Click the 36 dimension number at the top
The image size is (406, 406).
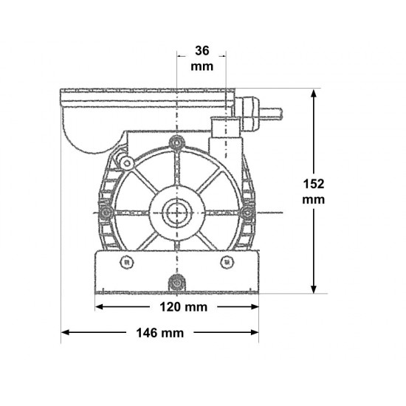[x=202, y=51]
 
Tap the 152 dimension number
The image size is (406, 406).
[x=314, y=184]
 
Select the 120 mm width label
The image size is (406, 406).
[x=184, y=307]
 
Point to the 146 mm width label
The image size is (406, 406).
[x=160, y=333]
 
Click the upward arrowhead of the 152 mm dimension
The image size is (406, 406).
[x=314, y=93]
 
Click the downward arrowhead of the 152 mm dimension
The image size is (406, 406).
[x=314, y=289]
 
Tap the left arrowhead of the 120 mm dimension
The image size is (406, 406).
[x=100, y=307]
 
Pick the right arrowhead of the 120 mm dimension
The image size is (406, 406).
[x=254, y=307]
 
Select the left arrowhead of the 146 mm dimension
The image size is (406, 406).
[x=65, y=332]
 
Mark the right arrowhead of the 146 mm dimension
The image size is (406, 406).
[x=254, y=332]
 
